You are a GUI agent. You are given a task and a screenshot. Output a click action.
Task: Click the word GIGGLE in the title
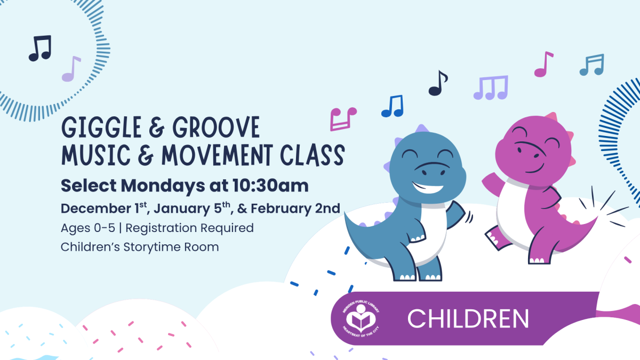[101, 127]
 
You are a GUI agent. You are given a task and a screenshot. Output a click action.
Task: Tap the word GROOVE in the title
[216, 127]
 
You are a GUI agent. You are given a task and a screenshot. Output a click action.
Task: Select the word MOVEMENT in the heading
[217, 155]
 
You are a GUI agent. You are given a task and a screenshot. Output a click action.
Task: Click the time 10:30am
[270, 186]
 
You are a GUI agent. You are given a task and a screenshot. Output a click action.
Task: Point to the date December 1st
[103, 209]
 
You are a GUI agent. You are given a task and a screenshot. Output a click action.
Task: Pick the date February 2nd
[295, 209]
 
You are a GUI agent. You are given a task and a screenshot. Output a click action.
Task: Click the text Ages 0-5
[88, 228]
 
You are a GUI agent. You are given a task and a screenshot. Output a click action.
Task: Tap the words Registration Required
[190, 228]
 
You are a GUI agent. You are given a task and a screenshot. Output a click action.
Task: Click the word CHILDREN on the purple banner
[468, 319]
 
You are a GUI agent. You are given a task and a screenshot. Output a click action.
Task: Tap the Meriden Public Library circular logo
[361, 318]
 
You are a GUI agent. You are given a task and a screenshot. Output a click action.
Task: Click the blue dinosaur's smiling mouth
[428, 188]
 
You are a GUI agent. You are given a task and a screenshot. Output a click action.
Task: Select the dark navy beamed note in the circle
[41, 48]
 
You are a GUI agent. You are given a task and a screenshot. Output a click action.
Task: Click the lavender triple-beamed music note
[491, 87]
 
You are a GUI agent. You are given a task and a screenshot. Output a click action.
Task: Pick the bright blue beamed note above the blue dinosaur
[393, 106]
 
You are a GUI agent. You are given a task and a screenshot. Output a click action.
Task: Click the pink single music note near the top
[543, 65]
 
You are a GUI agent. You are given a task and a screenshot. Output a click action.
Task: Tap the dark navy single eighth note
[438, 83]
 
